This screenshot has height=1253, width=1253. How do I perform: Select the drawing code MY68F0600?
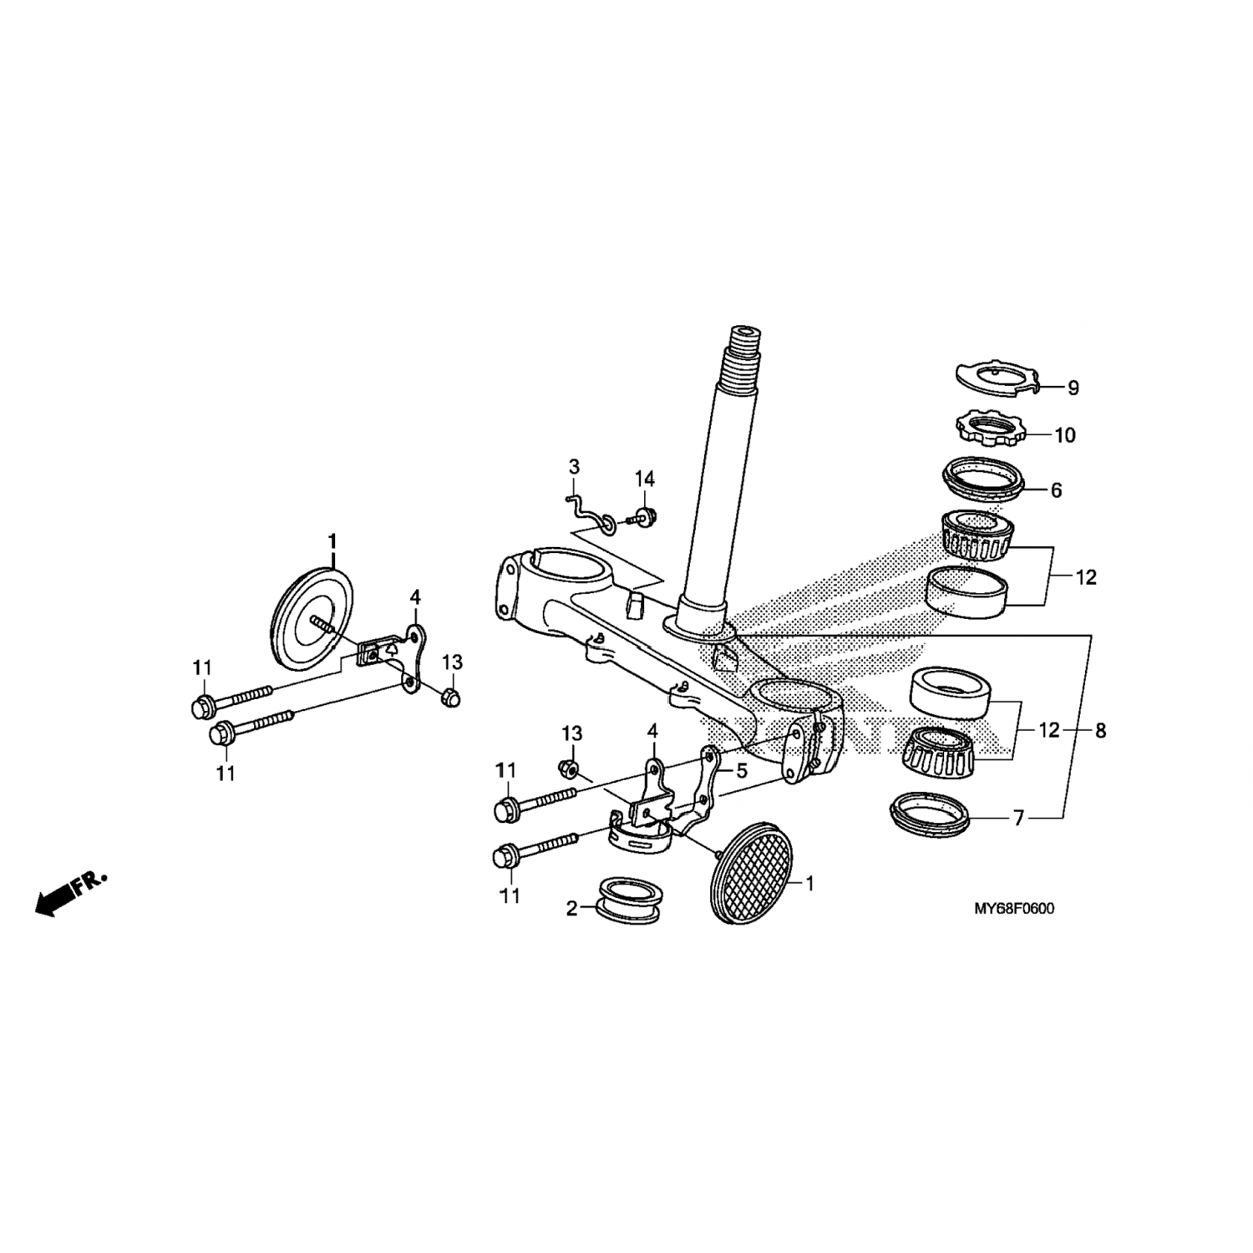click(x=1013, y=909)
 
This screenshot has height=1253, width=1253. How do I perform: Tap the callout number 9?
click(x=1073, y=388)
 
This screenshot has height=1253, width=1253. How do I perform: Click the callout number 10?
click(x=1065, y=435)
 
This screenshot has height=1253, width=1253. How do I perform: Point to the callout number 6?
click(x=1057, y=490)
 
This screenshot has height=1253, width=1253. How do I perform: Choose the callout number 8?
click(x=1101, y=731)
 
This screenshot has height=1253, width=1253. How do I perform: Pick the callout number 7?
click(x=1018, y=819)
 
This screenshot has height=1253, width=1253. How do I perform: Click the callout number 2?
click(x=571, y=908)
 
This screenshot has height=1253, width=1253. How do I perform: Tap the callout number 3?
click(x=574, y=466)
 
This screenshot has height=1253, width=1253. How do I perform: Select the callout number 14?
click(x=644, y=479)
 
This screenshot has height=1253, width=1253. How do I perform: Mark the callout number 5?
click(x=740, y=769)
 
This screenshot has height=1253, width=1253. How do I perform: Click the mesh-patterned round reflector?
click(x=750, y=873)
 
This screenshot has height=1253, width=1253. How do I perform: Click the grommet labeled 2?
click(x=628, y=900)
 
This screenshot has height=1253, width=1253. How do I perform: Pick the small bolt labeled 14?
click(x=641, y=516)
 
